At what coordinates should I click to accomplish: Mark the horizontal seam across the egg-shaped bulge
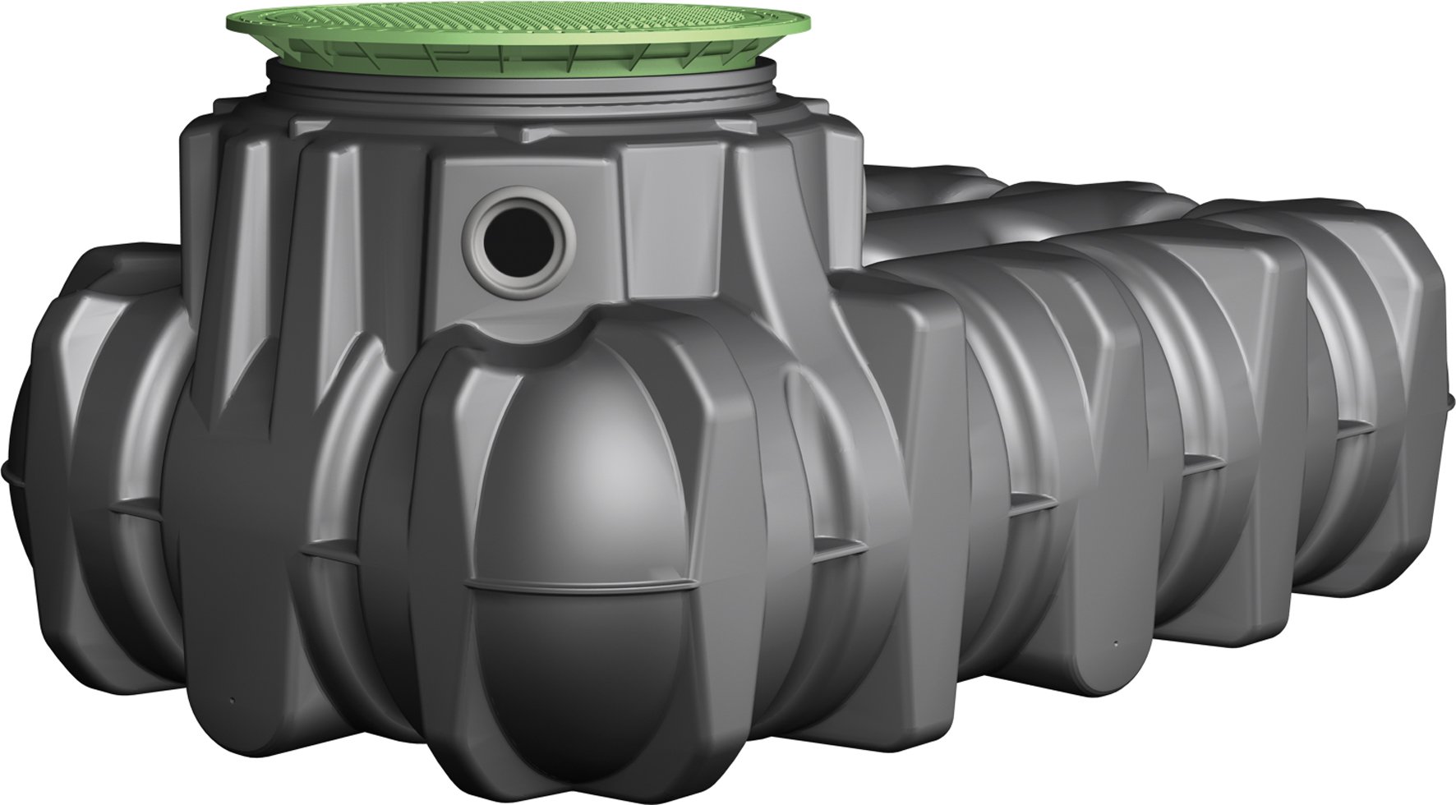click(575, 585)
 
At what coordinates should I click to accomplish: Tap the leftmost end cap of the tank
click(49, 460)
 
